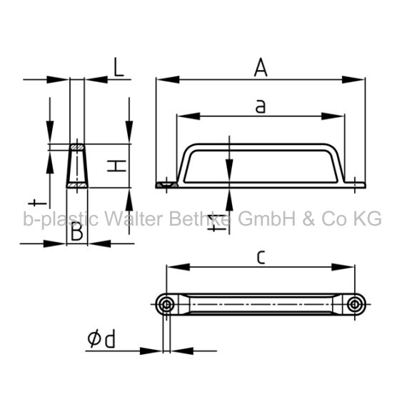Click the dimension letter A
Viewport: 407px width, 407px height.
(261, 68)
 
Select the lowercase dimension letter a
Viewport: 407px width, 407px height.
(261, 106)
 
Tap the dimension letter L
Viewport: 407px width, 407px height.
(119, 67)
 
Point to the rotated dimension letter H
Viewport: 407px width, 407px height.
(116, 166)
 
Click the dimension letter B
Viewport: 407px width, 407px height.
(77, 231)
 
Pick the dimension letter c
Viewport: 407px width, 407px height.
(261, 257)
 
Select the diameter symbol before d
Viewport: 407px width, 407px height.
(94, 338)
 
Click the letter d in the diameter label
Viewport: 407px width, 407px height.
(109, 339)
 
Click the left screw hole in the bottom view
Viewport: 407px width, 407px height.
(166, 304)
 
